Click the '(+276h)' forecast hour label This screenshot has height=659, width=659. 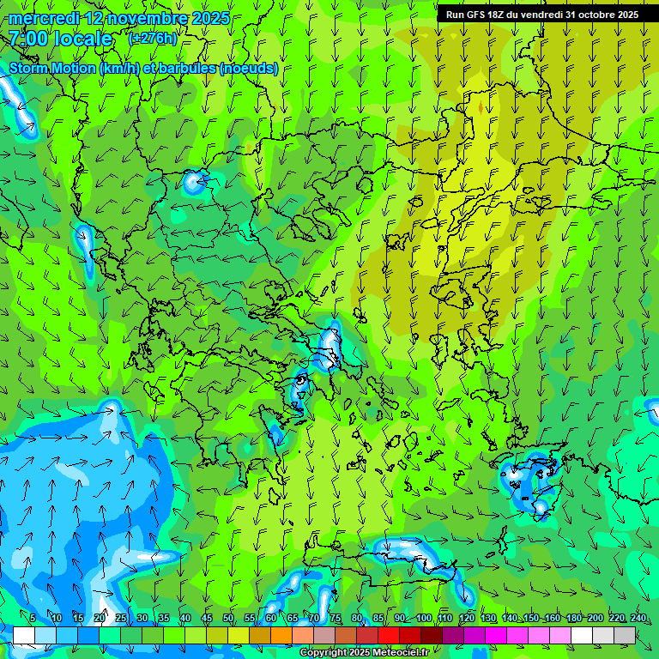153,39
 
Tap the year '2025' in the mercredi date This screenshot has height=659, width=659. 209,18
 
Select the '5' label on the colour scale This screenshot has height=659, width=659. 33,619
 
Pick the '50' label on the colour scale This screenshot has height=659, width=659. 227,619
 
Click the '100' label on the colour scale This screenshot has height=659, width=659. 424,619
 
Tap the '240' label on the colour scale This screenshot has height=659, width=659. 638,619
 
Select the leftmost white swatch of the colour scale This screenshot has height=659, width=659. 23,635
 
